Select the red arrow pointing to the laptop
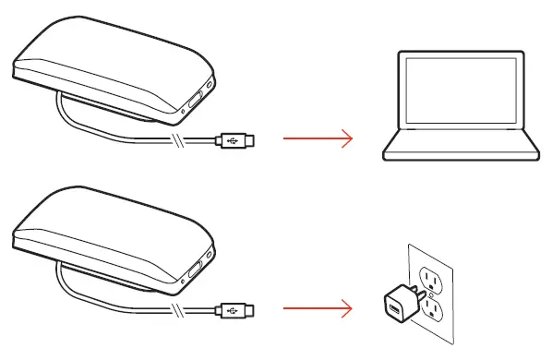coord(317,139)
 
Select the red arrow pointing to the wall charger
coord(317,308)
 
